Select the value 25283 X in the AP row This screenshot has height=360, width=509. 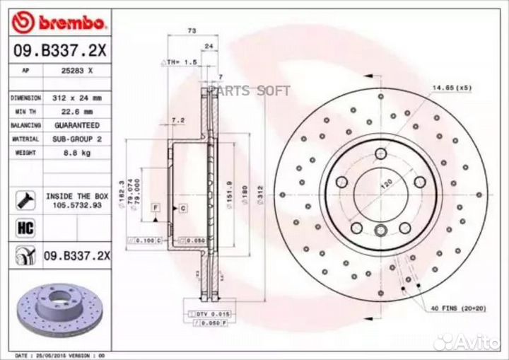click(78, 71)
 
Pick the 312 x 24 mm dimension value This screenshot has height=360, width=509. click(78, 98)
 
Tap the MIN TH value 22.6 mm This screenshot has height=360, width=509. click(78, 112)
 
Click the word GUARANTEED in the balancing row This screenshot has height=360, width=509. click(78, 125)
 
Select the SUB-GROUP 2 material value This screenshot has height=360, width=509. click(78, 139)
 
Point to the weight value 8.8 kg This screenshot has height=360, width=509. click(78, 153)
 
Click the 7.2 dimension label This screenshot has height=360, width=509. click(178, 120)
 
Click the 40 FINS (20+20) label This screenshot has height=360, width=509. click(457, 309)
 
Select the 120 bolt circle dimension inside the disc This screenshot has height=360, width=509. click(387, 182)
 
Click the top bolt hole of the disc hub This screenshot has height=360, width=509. click(382, 154)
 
